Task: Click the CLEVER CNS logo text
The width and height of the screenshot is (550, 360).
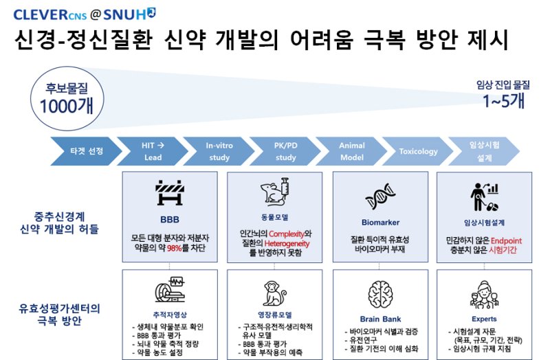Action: click(x=50, y=14)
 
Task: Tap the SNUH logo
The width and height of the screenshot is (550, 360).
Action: click(x=129, y=14)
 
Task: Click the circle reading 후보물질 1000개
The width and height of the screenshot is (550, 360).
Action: click(x=67, y=98)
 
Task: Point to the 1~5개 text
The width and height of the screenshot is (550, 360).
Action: click(x=503, y=101)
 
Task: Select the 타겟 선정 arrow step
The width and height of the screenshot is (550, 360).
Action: click(x=87, y=151)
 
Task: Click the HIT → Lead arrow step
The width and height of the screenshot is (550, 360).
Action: click(x=153, y=151)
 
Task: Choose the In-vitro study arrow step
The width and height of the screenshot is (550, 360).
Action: click(x=219, y=151)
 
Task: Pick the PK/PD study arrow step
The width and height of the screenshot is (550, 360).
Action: click(x=285, y=151)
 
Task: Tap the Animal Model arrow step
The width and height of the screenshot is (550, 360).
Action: click(x=351, y=151)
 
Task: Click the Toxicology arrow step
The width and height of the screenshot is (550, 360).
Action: click(x=418, y=151)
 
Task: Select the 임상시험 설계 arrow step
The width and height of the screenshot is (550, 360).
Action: click(x=484, y=151)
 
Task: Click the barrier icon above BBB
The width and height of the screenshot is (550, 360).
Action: click(x=170, y=192)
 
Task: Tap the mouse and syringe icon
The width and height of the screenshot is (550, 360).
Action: click(x=275, y=191)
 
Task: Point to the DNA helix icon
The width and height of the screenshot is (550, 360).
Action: click(x=380, y=196)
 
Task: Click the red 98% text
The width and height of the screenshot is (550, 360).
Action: click(x=175, y=248)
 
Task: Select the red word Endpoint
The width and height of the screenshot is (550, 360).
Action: click(x=506, y=241)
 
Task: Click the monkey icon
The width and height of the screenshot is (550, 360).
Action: click(x=274, y=293)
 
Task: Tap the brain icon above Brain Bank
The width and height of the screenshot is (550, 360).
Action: click(x=380, y=295)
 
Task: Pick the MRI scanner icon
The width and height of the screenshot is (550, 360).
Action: click(x=170, y=289)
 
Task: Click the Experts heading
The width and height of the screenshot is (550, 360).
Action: click(x=484, y=319)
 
